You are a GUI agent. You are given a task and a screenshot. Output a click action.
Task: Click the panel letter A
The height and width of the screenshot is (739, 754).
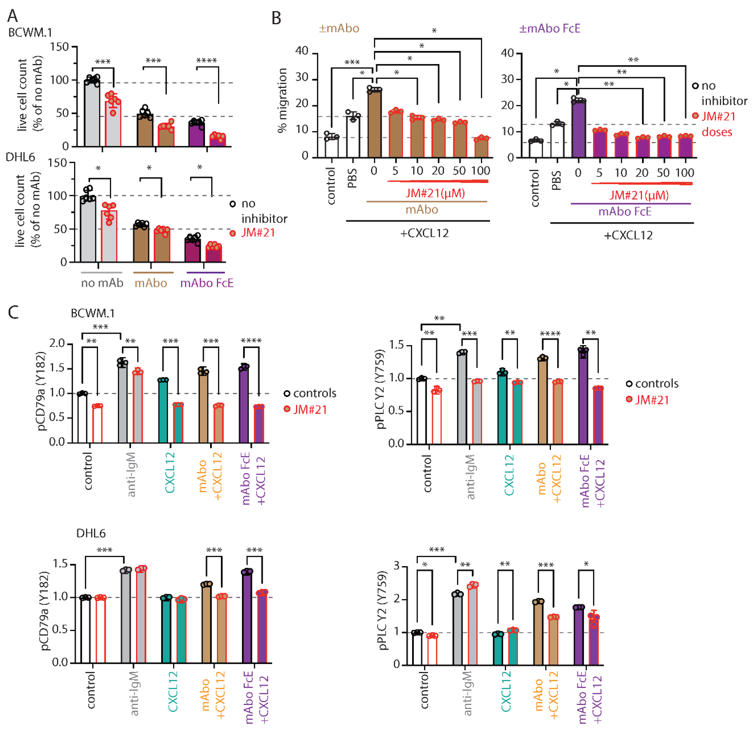click(13, 15)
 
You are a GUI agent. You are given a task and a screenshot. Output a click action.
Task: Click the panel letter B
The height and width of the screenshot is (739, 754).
click(276, 18)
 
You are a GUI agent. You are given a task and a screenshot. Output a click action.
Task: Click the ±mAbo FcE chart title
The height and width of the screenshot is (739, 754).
click(549, 28)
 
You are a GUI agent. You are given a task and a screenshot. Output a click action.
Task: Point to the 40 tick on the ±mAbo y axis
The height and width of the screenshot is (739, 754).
click(302, 51)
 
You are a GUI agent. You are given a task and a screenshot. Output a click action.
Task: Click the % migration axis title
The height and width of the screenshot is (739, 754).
click(282, 100)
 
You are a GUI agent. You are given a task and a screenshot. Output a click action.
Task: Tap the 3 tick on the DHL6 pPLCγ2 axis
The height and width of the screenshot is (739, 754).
click(396, 566)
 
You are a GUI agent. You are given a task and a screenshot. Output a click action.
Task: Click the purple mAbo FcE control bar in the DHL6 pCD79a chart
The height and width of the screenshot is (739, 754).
click(247, 617)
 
